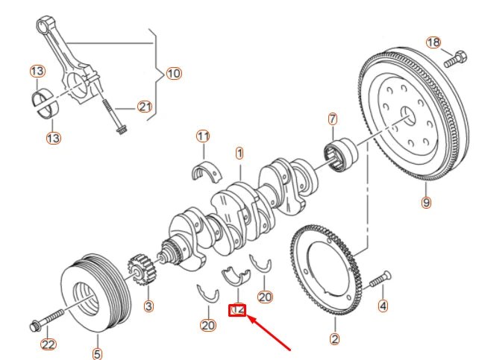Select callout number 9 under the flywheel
tap(425, 202)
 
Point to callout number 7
tap(333, 119)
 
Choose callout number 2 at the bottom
tap(335, 340)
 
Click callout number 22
tap(48, 344)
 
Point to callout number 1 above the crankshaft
tap(239, 154)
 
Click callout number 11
tap(203, 136)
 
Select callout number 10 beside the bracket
tap(173, 74)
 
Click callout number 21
tap(145, 107)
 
